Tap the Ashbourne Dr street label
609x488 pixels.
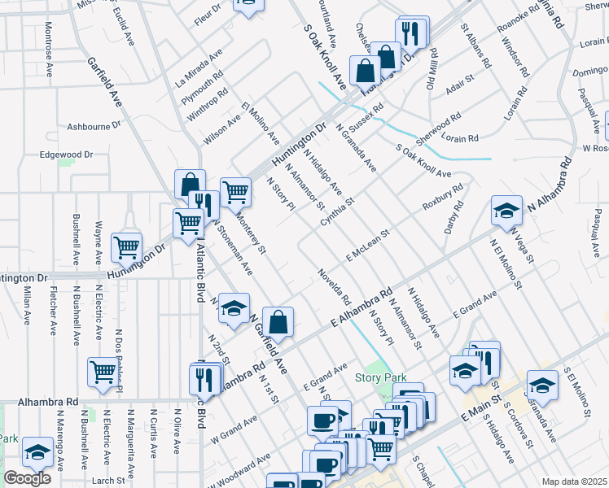[94, 126]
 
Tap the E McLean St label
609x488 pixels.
[368, 245]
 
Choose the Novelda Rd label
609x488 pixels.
[334, 287]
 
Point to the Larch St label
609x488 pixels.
[108, 481]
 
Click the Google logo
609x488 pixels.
[27, 478]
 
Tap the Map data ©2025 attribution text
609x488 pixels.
[575, 481]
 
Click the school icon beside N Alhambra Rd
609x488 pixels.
[506, 211]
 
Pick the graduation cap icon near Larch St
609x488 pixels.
[37, 451]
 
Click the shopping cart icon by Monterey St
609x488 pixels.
[235, 192]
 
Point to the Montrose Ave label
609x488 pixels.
[49, 59]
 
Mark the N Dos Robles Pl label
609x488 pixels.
[119, 361]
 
